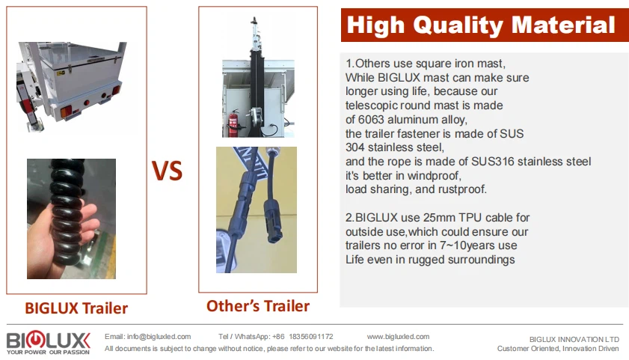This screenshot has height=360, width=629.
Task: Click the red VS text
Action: coord(167,170)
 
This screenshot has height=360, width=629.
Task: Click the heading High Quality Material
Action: coord(481,25)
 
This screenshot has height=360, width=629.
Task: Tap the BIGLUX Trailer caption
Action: coord(76,308)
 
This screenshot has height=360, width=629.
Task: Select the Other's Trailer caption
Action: coord(258,306)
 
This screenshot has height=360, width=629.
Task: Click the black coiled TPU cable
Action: coord(68,213)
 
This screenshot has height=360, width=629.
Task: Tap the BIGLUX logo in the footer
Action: coord(48,342)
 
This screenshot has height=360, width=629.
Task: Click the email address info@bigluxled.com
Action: coord(159,337)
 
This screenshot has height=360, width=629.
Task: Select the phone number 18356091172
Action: coord(311,337)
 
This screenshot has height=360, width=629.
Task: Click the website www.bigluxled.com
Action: coord(398,337)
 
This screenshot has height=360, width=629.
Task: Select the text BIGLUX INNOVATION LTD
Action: coord(574,340)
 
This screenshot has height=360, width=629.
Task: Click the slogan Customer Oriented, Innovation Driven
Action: coord(558,348)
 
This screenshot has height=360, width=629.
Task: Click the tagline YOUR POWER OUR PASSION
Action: coord(48,352)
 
